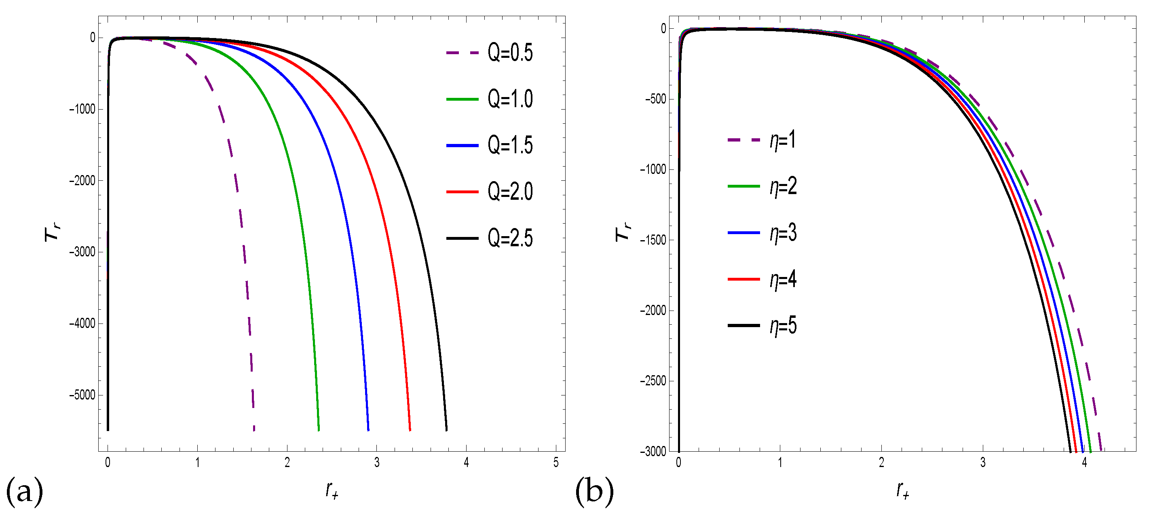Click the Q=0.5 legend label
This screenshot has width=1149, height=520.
(x=510, y=53)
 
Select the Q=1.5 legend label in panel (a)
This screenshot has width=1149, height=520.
(x=510, y=146)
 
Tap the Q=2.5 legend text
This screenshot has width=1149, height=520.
(x=510, y=238)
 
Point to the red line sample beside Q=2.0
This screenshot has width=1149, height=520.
(x=462, y=192)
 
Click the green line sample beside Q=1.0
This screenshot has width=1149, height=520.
(x=462, y=99)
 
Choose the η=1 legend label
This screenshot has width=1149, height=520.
(x=783, y=140)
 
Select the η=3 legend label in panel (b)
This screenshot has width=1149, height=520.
(x=783, y=233)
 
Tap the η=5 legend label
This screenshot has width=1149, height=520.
(x=783, y=326)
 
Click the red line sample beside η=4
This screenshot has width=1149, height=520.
(x=743, y=279)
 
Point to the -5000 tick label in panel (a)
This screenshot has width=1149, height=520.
(x=82, y=395)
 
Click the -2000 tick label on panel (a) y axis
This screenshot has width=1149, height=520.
(x=82, y=181)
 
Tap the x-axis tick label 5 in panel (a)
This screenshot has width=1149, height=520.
(x=556, y=463)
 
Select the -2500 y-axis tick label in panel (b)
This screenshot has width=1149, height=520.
(x=653, y=381)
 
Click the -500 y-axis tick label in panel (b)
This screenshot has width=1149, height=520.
(x=655, y=99)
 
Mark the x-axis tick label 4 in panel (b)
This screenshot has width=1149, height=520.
(x=1084, y=463)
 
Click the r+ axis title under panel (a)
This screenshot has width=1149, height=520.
(x=332, y=490)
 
